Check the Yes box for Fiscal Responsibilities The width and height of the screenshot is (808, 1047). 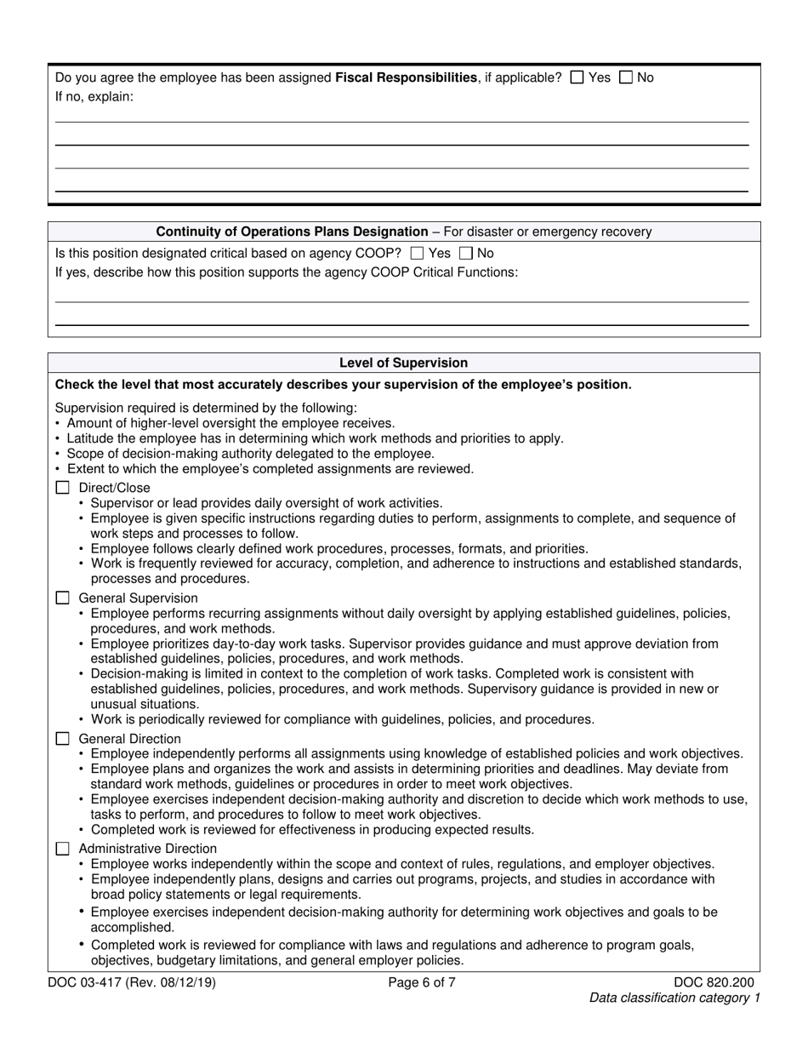pos(578,77)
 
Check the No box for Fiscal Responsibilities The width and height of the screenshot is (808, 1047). pos(626,77)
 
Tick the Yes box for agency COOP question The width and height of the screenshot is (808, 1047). pos(417,253)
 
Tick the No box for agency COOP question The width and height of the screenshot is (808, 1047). pos(465,253)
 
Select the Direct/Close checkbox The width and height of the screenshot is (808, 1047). pos(62,488)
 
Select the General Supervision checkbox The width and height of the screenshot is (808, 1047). pos(62,598)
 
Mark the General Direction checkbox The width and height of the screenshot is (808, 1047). pos(62,739)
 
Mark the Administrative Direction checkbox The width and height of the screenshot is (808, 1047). pos(62,849)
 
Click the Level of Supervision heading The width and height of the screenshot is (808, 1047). pos(403,363)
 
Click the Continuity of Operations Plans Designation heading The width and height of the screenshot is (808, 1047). pos(292,232)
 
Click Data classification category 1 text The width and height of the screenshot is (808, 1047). pos(674,998)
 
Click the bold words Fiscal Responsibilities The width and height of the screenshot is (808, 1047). pos(406,77)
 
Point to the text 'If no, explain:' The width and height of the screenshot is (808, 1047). pos(94,96)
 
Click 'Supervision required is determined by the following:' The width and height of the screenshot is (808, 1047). pos(206,408)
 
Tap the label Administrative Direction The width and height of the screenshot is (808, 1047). pos(147,849)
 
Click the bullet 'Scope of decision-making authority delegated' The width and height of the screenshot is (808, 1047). pos(250,454)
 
